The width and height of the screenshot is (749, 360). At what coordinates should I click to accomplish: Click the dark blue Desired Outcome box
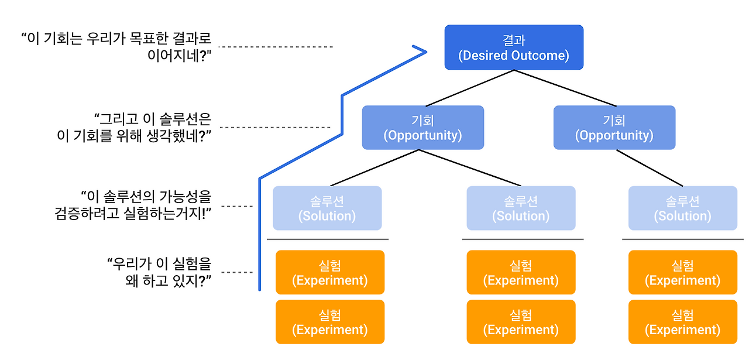(x=514, y=47)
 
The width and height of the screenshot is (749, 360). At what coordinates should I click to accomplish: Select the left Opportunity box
(x=423, y=128)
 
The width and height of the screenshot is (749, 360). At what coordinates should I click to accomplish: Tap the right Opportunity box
(x=614, y=128)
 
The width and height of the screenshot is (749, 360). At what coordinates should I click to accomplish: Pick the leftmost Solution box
(x=327, y=208)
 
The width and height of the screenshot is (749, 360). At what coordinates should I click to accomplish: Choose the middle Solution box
(x=521, y=208)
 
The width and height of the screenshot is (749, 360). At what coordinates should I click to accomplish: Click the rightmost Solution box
(x=683, y=208)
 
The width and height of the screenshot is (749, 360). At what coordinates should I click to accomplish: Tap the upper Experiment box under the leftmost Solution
(x=330, y=272)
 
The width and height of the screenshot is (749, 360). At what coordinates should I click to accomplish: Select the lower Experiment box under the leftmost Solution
(x=330, y=322)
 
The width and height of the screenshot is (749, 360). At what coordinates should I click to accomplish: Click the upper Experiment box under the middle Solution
(x=521, y=272)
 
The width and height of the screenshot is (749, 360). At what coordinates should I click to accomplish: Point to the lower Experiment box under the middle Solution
(x=521, y=322)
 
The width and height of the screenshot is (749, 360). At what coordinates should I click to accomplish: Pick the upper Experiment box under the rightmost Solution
(x=683, y=272)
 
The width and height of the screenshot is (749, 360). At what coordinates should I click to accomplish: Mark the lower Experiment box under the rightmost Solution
(x=683, y=322)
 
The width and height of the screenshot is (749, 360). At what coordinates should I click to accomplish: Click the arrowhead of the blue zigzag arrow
(x=426, y=52)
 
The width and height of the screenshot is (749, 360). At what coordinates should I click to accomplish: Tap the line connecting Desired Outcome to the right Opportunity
(x=565, y=88)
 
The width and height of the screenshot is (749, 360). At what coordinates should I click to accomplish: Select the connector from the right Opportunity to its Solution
(x=650, y=168)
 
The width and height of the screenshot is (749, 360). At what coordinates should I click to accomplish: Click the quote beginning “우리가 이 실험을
(x=159, y=272)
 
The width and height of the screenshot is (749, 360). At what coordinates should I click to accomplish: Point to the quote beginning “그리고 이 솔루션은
(x=134, y=128)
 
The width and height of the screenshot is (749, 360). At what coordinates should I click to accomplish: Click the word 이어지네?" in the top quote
(x=180, y=55)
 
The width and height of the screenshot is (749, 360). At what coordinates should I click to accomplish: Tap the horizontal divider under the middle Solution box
(x=523, y=239)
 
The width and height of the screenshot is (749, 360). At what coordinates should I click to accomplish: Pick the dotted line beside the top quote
(x=276, y=47)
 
